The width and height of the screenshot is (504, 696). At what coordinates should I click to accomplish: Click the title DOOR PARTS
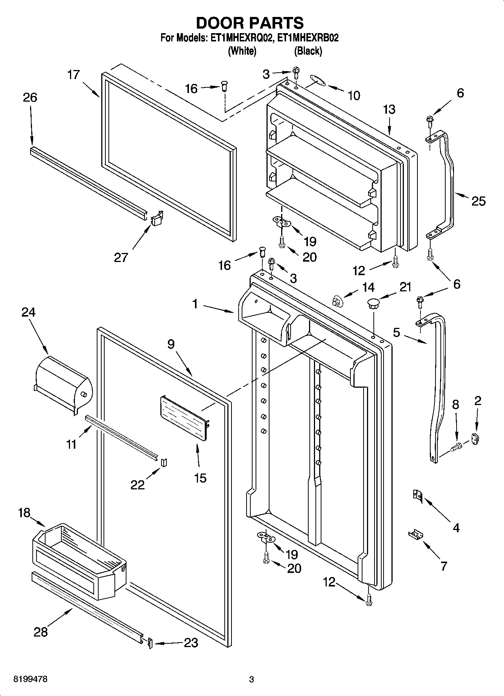pos(250,23)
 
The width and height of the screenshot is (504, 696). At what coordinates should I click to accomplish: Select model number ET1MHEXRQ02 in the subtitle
pos(239,38)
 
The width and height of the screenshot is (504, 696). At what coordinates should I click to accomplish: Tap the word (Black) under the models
pos(308,51)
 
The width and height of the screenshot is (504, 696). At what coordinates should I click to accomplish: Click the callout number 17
pos(74,75)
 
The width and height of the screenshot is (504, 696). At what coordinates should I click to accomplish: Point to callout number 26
pos(30,97)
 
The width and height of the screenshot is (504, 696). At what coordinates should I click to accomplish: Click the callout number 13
pos(389,110)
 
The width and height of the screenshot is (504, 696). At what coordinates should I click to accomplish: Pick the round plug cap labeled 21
pos(373,302)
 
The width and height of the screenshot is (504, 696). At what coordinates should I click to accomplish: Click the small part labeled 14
pos(337,301)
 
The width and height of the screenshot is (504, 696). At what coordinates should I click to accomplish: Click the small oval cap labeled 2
pos(474,438)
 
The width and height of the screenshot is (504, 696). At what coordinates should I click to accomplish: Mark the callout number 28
pos(41,632)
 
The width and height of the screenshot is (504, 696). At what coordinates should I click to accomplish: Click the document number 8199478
pos(30,679)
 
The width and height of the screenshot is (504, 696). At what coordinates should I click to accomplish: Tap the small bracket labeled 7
pos(415,534)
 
